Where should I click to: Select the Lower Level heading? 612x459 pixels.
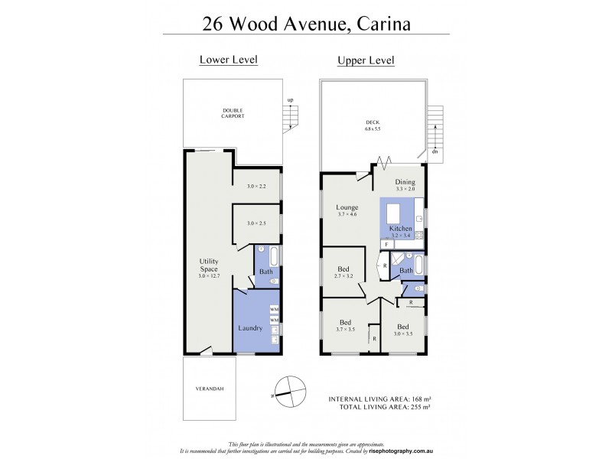pyautogui.click(x=229, y=60)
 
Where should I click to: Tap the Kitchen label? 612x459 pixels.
pyautogui.click(x=400, y=229)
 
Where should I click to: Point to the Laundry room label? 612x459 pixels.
pyautogui.click(x=250, y=328)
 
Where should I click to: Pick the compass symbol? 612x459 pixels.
pyautogui.click(x=287, y=389)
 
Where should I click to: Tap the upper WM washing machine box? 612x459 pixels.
pyautogui.click(x=273, y=309)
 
